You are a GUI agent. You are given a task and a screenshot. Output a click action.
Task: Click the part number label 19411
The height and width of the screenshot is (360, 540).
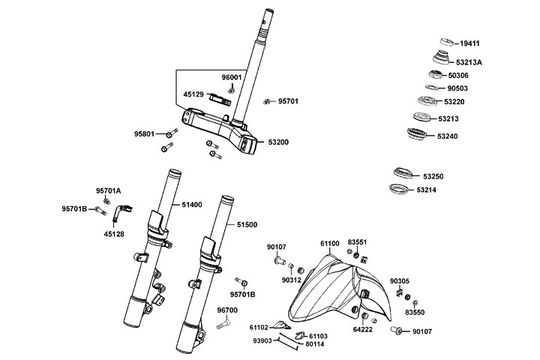point(471,43)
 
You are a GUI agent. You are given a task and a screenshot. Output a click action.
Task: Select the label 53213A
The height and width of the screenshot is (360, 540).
point(469,61)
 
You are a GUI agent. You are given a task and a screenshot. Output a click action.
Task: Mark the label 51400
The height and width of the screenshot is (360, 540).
point(191,204)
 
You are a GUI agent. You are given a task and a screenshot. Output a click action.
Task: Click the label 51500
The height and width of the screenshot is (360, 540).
point(247,224)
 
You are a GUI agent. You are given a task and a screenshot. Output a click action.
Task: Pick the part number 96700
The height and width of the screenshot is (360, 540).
point(227,310)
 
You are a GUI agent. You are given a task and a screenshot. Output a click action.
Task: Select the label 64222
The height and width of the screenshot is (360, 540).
point(363,329)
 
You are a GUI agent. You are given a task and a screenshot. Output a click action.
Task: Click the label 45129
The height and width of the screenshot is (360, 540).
point(193,94)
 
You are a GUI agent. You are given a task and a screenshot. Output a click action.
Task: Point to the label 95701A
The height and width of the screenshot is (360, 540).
point(108,190)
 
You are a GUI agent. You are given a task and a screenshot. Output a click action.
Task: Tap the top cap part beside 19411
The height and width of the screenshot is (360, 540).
point(446,40)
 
